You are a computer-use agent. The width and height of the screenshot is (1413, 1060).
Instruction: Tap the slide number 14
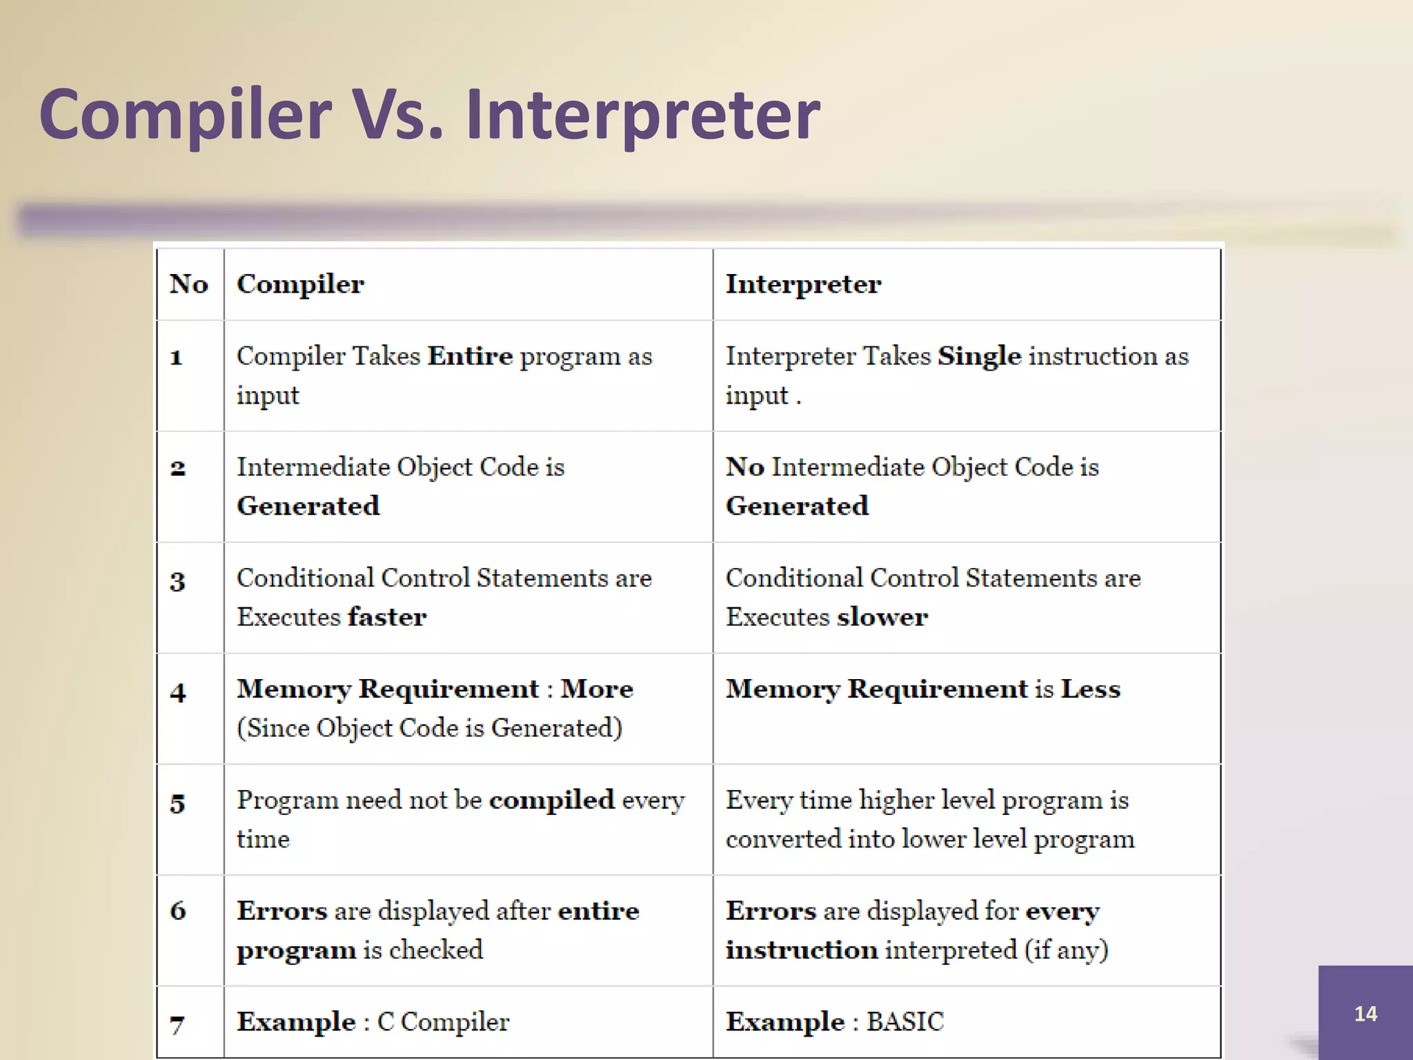click(x=1365, y=1013)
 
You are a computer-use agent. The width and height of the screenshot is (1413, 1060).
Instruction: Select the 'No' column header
click(x=189, y=284)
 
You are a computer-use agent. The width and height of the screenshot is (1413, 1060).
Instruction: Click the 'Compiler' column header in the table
click(x=300, y=284)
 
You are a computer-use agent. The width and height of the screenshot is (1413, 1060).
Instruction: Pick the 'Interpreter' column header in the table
click(x=803, y=284)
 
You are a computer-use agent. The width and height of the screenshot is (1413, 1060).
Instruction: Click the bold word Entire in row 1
click(x=470, y=356)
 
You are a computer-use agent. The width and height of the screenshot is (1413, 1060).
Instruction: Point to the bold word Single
click(x=979, y=356)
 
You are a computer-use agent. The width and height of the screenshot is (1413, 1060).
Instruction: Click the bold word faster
click(x=387, y=617)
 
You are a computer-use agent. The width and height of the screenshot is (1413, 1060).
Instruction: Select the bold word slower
click(x=882, y=617)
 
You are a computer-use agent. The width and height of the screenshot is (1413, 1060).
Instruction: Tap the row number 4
click(x=178, y=691)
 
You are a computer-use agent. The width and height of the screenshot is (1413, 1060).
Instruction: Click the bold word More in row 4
click(x=597, y=689)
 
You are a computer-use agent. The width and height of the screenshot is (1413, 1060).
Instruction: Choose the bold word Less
click(x=1090, y=689)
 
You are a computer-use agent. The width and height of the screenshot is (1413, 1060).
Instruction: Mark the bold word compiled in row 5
click(x=551, y=800)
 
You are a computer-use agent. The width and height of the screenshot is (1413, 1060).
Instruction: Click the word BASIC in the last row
click(x=905, y=1021)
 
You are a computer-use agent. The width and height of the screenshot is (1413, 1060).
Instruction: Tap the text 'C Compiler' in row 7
click(x=443, y=1021)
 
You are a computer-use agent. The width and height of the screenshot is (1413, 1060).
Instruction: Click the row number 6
click(x=178, y=911)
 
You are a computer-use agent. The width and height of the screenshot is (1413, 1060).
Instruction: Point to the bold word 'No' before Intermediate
click(x=744, y=467)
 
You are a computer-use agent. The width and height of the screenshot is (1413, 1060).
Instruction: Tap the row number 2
click(x=178, y=469)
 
